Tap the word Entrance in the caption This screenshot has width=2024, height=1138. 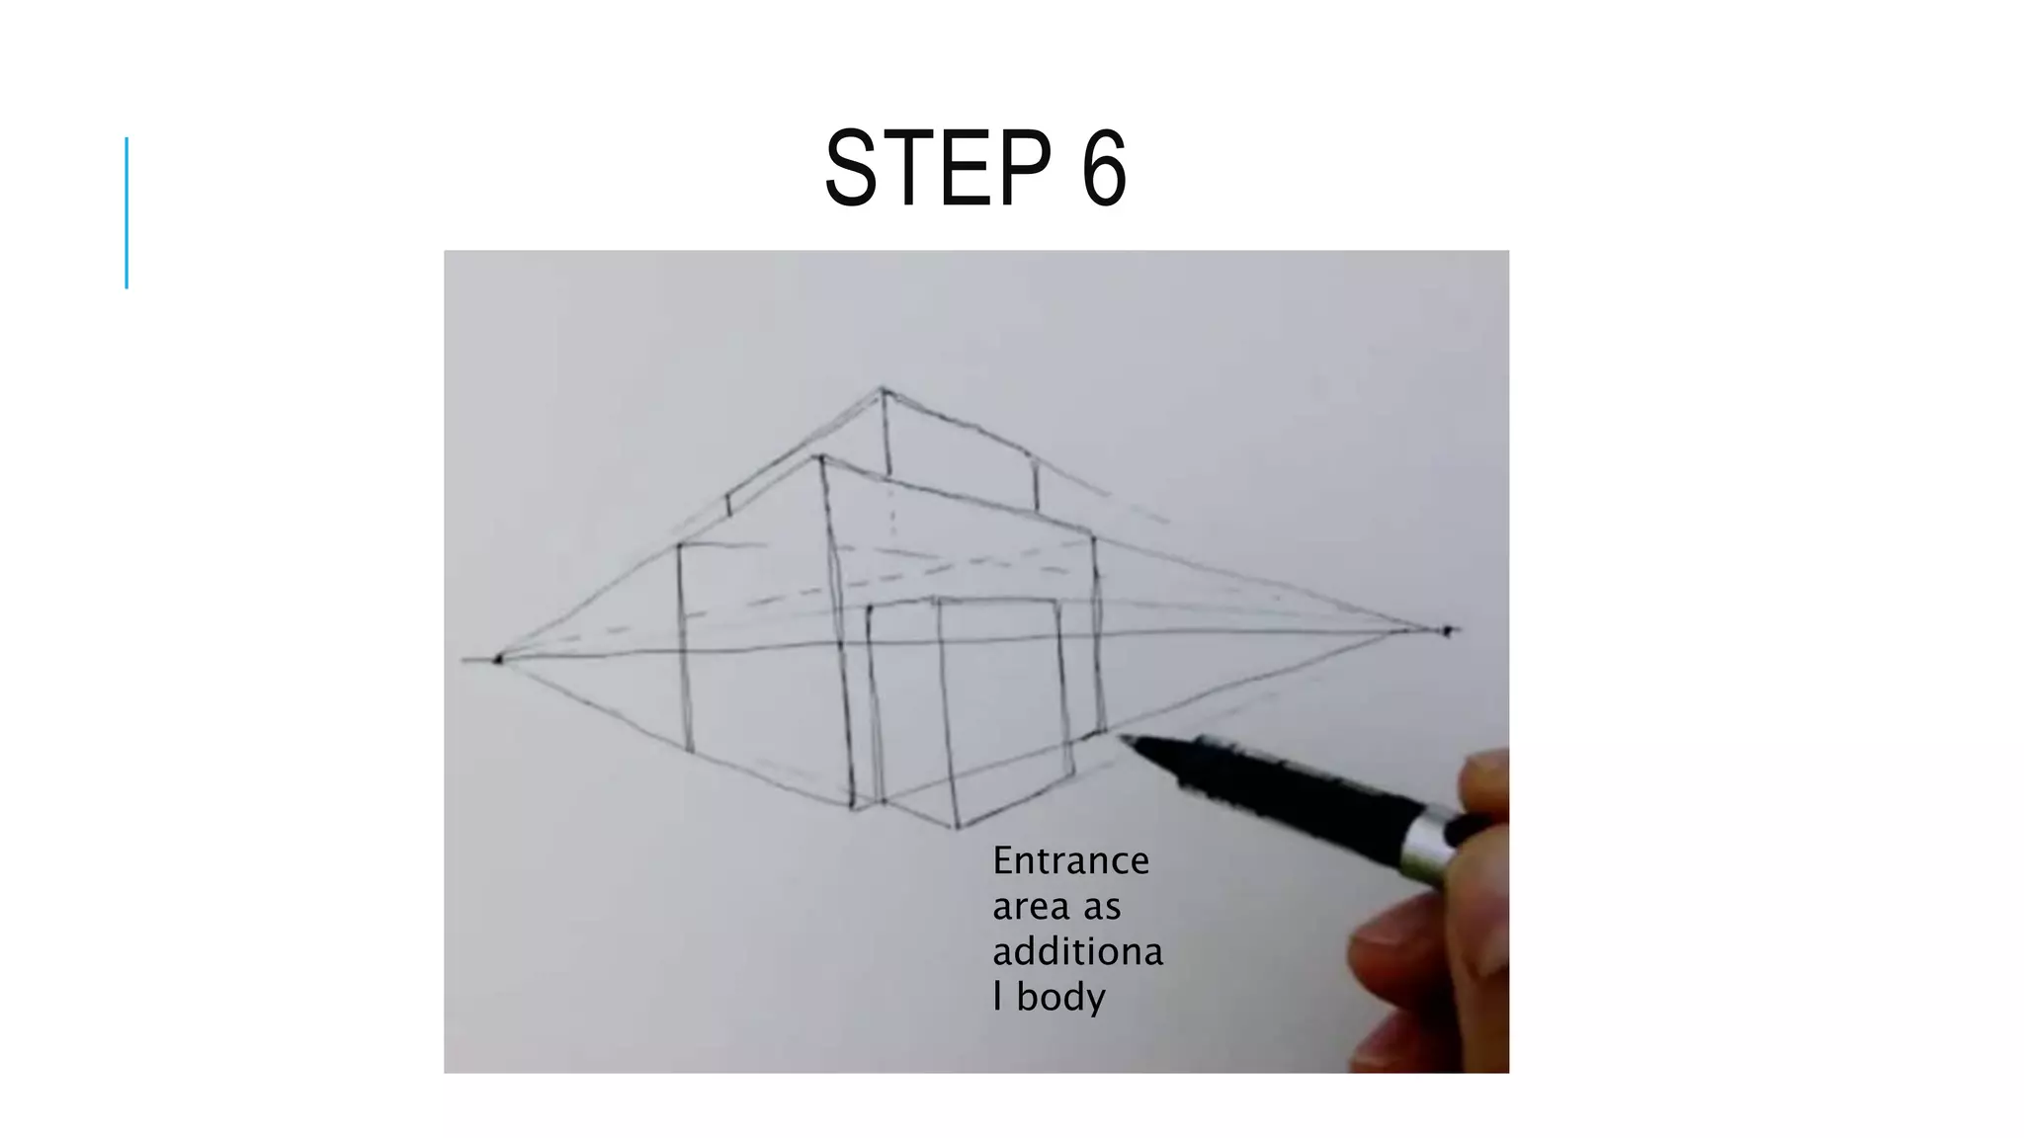click(x=1070, y=860)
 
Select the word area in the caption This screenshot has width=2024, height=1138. click(x=1029, y=906)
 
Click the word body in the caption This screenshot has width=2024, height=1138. click(x=1060, y=997)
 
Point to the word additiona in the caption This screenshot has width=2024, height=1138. click(x=1077, y=951)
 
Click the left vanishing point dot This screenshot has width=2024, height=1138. click(x=498, y=658)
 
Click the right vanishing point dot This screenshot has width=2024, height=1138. click(x=1447, y=630)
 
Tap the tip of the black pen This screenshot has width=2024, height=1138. click(x=1123, y=737)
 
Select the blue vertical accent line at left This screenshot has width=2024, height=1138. click(x=126, y=212)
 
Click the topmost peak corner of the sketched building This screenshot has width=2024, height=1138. click(x=883, y=388)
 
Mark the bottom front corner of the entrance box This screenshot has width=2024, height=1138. click(x=956, y=827)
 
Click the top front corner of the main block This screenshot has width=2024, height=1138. click(x=821, y=457)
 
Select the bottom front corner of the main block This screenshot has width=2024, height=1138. click(x=854, y=807)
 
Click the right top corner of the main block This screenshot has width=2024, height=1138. click(x=1093, y=538)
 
